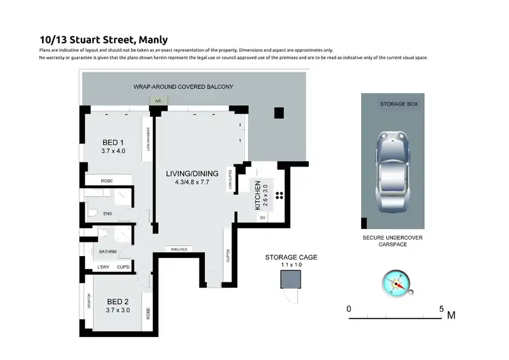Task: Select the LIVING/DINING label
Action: click(x=191, y=174)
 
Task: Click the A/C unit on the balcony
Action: click(x=158, y=101)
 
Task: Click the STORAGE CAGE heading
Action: click(x=291, y=257)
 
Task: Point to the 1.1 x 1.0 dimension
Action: click(x=291, y=266)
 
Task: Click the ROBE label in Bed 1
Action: click(x=107, y=181)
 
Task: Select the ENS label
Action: click(x=107, y=214)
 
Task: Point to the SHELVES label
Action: click(x=178, y=249)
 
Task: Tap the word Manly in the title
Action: click(x=153, y=40)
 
